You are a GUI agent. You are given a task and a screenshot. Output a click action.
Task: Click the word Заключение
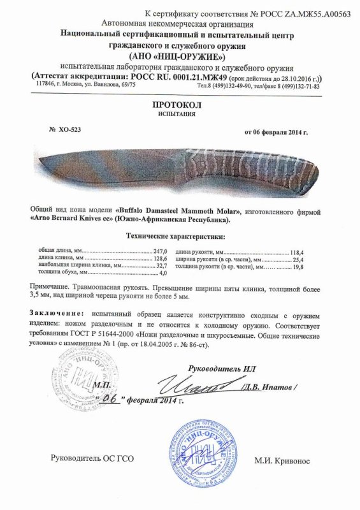[x=55, y=315]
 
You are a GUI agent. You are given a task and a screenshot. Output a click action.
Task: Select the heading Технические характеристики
[x=179, y=238]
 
